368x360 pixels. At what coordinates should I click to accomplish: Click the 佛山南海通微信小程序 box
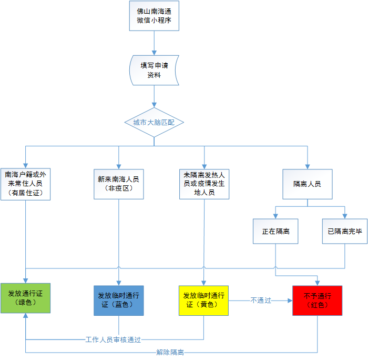(154, 16)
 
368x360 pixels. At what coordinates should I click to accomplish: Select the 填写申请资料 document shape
(154, 70)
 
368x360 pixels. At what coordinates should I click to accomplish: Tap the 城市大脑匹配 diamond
(154, 122)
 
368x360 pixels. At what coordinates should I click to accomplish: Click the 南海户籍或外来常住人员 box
(26, 184)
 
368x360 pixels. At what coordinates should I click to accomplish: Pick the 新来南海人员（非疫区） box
(119, 184)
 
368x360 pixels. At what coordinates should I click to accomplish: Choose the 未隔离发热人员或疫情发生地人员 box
(204, 184)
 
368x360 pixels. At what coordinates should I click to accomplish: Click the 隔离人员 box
(308, 184)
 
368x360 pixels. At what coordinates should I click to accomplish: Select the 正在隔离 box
(275, 232)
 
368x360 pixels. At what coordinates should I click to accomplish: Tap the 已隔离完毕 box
(345, 232)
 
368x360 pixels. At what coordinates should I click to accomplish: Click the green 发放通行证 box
(26, 298)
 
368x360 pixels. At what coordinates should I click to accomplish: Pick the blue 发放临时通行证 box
(119, 301)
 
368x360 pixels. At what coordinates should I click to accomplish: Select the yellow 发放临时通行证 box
(204, 301)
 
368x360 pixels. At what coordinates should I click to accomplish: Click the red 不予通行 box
(318, 301)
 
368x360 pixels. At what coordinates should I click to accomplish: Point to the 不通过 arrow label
(261, 301)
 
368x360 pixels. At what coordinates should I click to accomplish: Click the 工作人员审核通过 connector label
(113, 339)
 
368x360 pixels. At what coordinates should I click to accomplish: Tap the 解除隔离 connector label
(170, 353)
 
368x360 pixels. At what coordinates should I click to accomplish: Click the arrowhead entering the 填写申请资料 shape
(154, 53)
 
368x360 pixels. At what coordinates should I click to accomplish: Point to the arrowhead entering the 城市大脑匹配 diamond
(154, 105)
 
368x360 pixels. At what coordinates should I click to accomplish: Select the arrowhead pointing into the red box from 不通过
(290, 301)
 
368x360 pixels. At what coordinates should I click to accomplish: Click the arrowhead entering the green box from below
(26, 316)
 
